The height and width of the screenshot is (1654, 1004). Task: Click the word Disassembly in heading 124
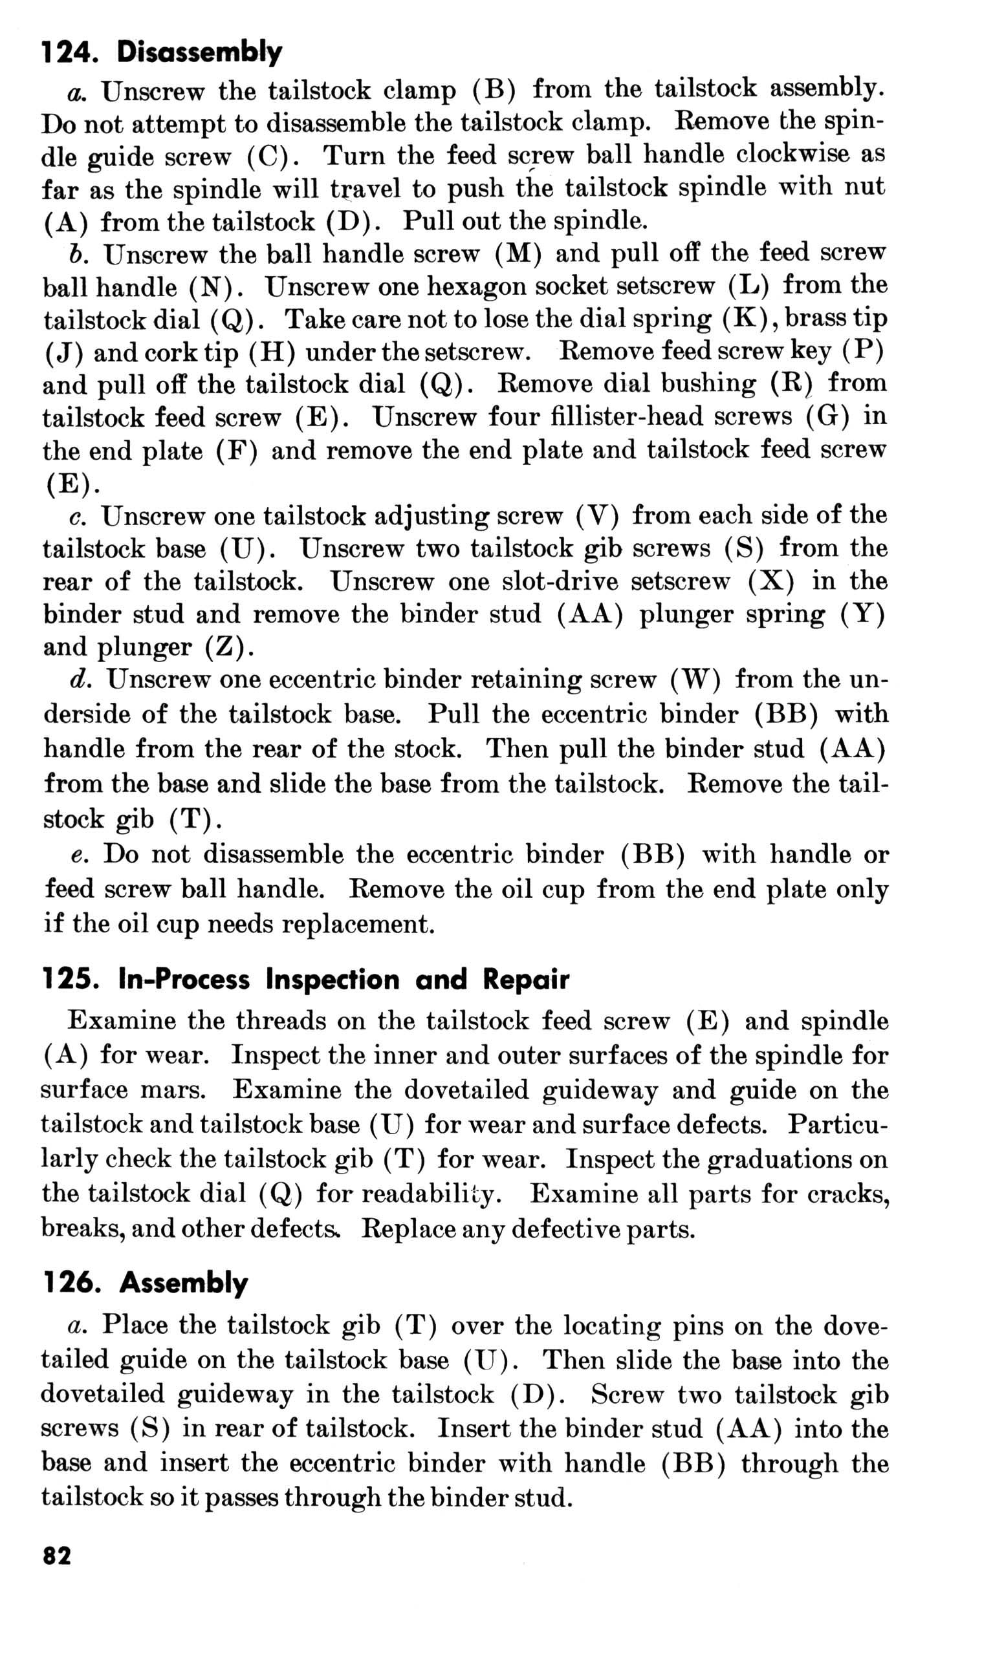tap(199, 52)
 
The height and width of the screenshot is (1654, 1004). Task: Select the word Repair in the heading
tap(526, 980)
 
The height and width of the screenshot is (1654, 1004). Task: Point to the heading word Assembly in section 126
tap(183, 1283)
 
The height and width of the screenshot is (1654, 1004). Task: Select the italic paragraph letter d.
tap(80, 680)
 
